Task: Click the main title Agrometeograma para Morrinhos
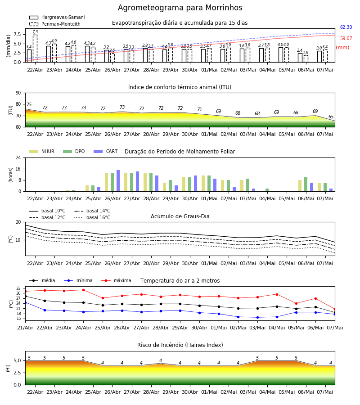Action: tap(180, 8)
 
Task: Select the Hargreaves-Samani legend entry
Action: tap(57, 17)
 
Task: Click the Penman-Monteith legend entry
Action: tap(55, 24)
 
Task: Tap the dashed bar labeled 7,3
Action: tap(35, 48)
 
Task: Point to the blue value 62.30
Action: tap(346, 27)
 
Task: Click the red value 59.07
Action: tap(346, 39)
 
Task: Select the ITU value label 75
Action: tap(29, 104)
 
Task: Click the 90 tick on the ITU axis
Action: tap(18, 93)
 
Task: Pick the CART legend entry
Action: tap(106, 151)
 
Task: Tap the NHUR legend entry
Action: tap(42, 151)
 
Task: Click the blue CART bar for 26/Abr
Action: tap(118, 181)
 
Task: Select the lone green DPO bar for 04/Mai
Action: tap(267, 190)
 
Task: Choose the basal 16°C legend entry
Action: tap(92, 217)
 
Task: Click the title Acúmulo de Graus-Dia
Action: tap(180, 216)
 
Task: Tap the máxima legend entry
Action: tap(116, 280)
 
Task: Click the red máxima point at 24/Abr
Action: tap(83, 290)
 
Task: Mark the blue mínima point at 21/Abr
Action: tap(25, 302)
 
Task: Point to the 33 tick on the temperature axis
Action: tap(18, 288)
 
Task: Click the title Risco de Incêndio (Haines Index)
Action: tap(180, 345)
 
